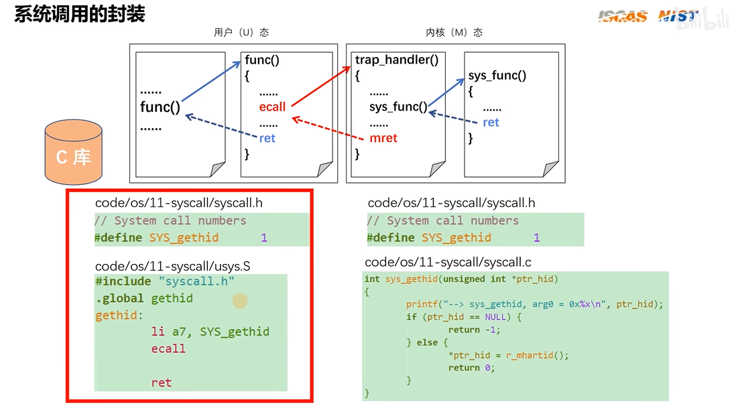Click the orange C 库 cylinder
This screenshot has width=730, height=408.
[74, 152]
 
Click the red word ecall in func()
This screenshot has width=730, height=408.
[272, 107]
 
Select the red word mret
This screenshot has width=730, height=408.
[383, 138]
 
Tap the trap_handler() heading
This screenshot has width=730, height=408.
[397, 60]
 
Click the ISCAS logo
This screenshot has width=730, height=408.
[623, 16]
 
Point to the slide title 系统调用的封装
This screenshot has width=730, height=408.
[80, 14]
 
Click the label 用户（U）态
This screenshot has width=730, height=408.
[241, 32]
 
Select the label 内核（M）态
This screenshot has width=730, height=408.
[454, 32]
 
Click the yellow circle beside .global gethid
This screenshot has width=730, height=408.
[240, 301]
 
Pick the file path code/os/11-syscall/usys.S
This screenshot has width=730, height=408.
[173, 266]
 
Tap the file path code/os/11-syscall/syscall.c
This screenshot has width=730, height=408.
[448, 263]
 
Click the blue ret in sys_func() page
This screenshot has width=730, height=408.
[491, 123]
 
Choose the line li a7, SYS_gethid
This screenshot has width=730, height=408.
[210, 332]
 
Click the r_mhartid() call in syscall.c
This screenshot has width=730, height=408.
[537, 356]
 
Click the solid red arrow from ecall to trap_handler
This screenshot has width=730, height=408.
[321, 86]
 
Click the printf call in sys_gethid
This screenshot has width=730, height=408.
[534, 304]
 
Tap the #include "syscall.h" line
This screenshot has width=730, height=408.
[165, 281]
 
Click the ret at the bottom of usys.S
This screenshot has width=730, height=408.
[161, 383]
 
